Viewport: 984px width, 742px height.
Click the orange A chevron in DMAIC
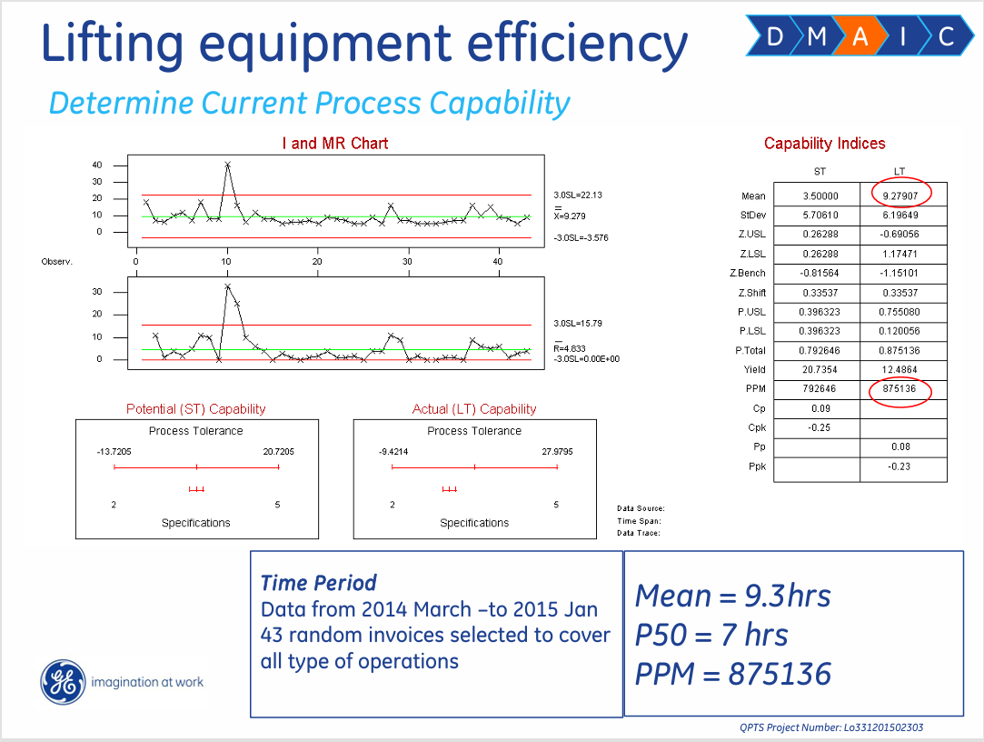tap(860, 36)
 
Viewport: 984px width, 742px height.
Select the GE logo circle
tap(63, 682)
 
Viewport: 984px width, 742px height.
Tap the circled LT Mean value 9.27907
tap(900, 196)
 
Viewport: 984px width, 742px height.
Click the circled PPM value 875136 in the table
tap(900, 389)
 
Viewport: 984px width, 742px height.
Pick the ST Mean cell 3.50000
tap(820, 196)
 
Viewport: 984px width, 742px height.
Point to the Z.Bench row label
tap(748, 274)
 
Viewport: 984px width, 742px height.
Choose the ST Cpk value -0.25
tap(820, 428)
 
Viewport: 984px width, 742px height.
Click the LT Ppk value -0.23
tap(900, 466)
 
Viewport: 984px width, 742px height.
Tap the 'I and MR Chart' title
tap(335, 144)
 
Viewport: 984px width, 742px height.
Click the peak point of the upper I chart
tap(227, 165)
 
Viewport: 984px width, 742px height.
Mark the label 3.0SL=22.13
tap(577, 196)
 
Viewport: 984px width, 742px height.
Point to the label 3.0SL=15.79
tap(577, 324)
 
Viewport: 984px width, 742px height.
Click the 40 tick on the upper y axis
tap(96, 165)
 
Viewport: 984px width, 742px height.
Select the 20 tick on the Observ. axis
tap(317, 261)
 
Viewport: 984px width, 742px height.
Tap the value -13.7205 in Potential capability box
tap(114, 452)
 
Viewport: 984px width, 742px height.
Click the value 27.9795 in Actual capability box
tap(557, 452)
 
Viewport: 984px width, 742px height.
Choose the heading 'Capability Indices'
tap(825, 144)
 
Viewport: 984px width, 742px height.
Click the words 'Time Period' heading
tap(319, 583)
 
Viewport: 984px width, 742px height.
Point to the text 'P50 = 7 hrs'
tap(711, 635)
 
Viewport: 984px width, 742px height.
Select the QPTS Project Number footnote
tap(831, 727)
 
